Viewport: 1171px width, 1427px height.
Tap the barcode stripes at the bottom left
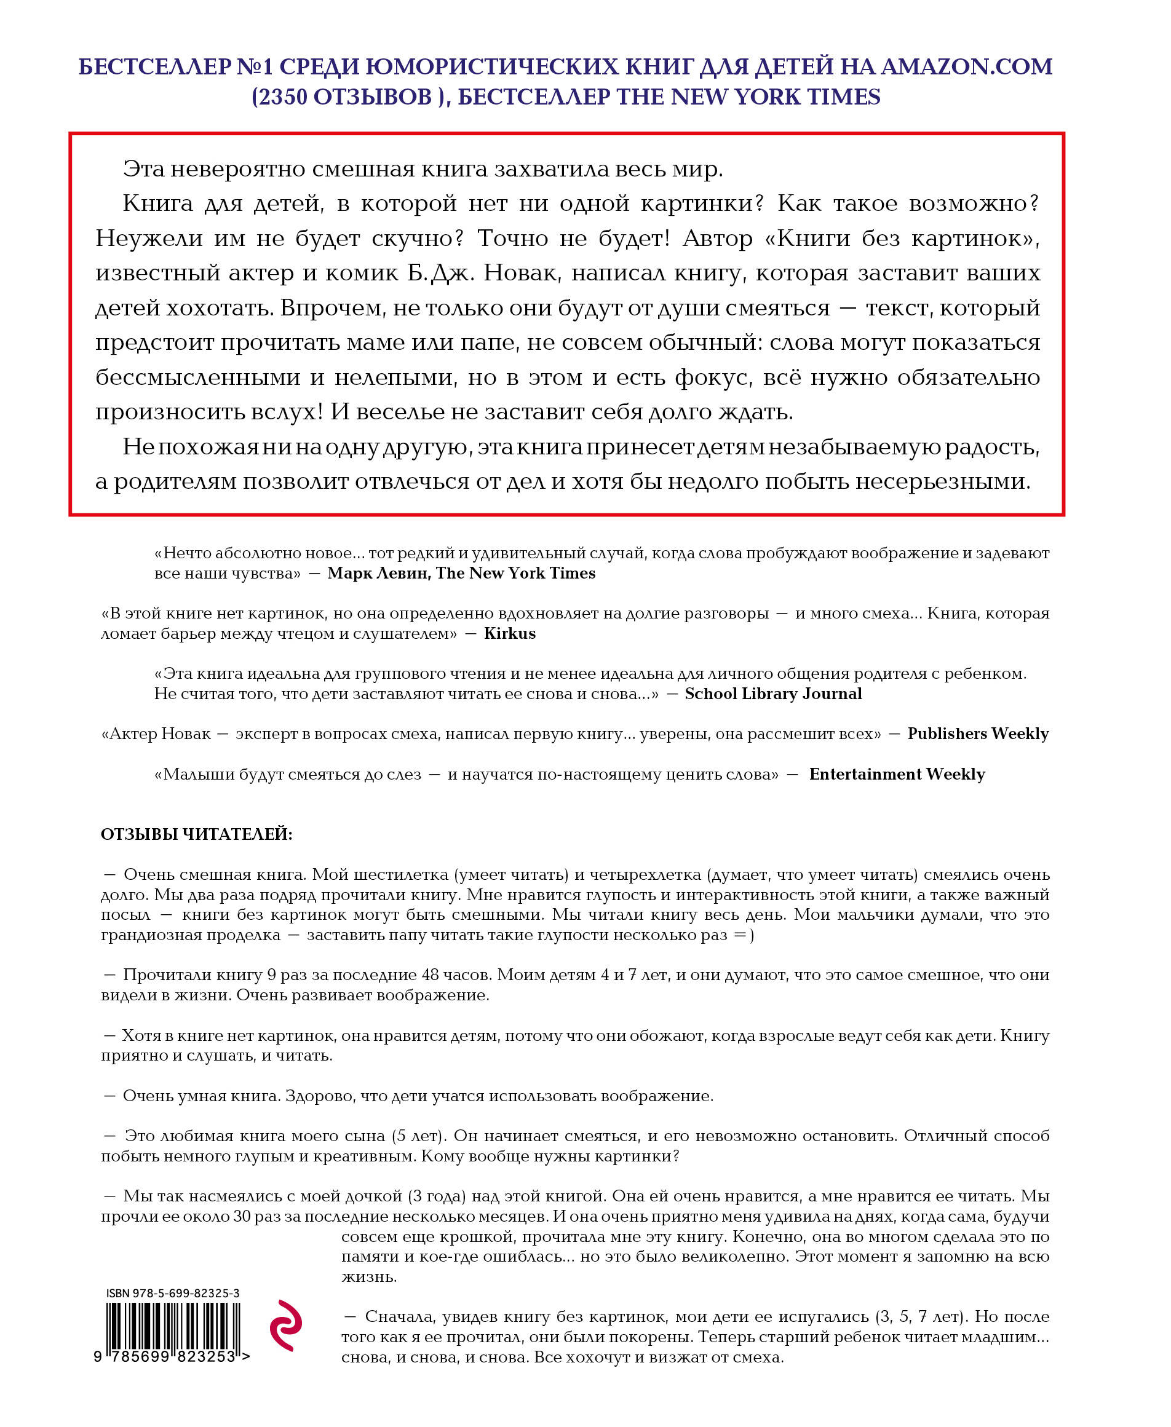point(173,1325)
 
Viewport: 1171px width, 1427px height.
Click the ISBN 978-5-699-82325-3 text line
point(173,1294)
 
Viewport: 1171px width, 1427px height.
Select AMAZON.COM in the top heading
point(966,67)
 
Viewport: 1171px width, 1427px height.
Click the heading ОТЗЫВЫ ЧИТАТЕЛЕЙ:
point(196,834)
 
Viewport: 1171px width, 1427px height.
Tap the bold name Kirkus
point(509,633)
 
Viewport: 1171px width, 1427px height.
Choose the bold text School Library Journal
point(773,694)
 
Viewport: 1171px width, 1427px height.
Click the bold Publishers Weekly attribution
point(977,733)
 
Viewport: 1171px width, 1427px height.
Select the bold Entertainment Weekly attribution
point(897,773)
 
